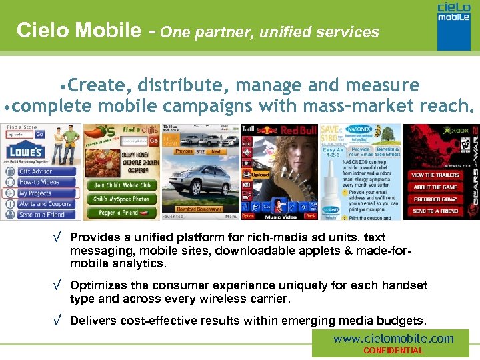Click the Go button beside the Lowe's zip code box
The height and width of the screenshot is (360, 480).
pyautogui.click(x=39, y=134)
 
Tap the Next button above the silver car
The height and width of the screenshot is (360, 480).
pyautogui.click(x=216, y=152)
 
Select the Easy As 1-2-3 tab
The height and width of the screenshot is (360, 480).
pyautogui.click(x=333, y=153)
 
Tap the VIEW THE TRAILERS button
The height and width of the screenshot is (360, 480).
pyautogui.click(x=435, y=175)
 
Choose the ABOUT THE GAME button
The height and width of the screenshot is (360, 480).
pyautogui.click(x=435, y=187)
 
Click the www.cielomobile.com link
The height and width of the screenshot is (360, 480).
pyautogui.click(x=393, y=339)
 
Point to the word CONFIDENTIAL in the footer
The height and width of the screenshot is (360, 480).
pyautogui.click(x=393, y=351)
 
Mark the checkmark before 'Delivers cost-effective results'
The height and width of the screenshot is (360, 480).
pyautogui.click(x=61, y=321)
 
